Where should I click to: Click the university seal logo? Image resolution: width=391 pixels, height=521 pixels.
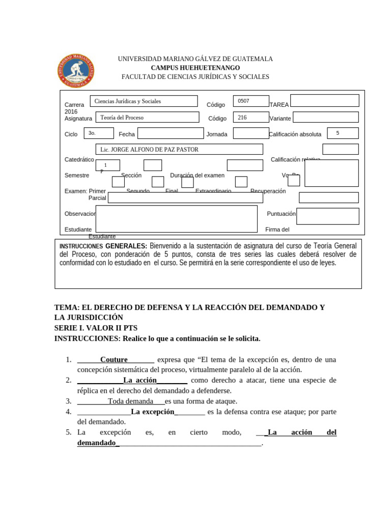[x=75, y=71]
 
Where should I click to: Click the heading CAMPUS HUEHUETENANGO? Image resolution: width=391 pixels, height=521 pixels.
[x=195, y=68]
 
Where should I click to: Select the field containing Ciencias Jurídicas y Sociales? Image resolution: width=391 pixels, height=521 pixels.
[x=144, y=101]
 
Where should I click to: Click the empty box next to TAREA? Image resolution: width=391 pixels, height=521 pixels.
[x=324, y=101]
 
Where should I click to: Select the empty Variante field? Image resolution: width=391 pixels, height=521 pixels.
[x=325, y=118]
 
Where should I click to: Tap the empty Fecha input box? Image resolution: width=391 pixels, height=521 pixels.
[x=170, y=133]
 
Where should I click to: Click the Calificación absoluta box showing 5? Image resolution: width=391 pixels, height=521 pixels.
[x=343, y=133]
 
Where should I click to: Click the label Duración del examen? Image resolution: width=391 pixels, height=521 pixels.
[x=197, y=176]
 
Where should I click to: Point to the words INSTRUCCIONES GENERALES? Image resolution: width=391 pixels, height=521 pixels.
[x=103, y=246]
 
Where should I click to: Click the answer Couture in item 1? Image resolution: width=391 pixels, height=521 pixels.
[x=114, y=360]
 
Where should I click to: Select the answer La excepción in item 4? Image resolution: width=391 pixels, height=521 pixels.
[x=153, y=412]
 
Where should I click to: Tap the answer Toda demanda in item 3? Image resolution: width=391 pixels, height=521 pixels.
[x=130, y=401]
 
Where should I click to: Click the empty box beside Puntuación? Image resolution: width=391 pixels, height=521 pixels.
[x=327, y=216]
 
